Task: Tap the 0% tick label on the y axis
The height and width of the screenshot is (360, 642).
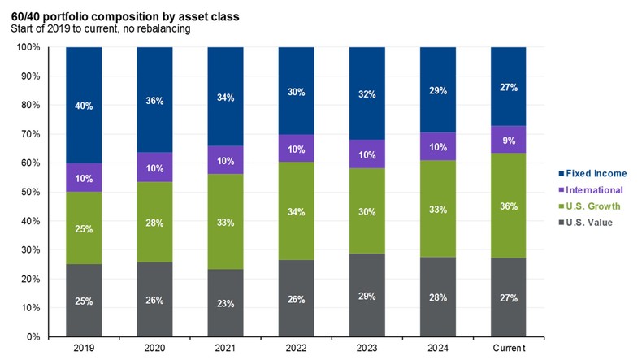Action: click(33, 336)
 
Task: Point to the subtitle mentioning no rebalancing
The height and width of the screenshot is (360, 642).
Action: click(100, 29)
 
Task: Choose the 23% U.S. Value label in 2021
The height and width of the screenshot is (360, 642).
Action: click(225, 303)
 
